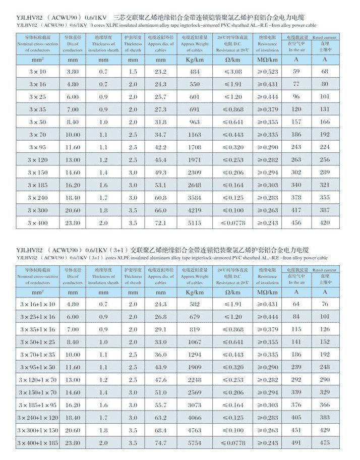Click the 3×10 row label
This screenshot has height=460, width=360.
click(x=37, y=72)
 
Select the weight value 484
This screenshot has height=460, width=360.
click(x=195, y=72)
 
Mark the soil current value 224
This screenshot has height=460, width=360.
click(x=325, y=147)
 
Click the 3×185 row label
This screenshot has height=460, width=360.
click(x=37, y=185)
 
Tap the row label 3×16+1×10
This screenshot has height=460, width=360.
click(x=38, y=305)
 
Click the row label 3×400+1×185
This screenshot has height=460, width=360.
click(x=38, y=443)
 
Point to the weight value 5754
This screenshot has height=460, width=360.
click(x=195, y=443)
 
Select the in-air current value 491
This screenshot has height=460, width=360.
click(x=296, y=443)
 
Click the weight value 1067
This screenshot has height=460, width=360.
click(x=195, y=342)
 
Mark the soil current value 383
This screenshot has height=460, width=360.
click(x=325, y=418)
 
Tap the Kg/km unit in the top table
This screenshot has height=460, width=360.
click(x=195, y=60)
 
